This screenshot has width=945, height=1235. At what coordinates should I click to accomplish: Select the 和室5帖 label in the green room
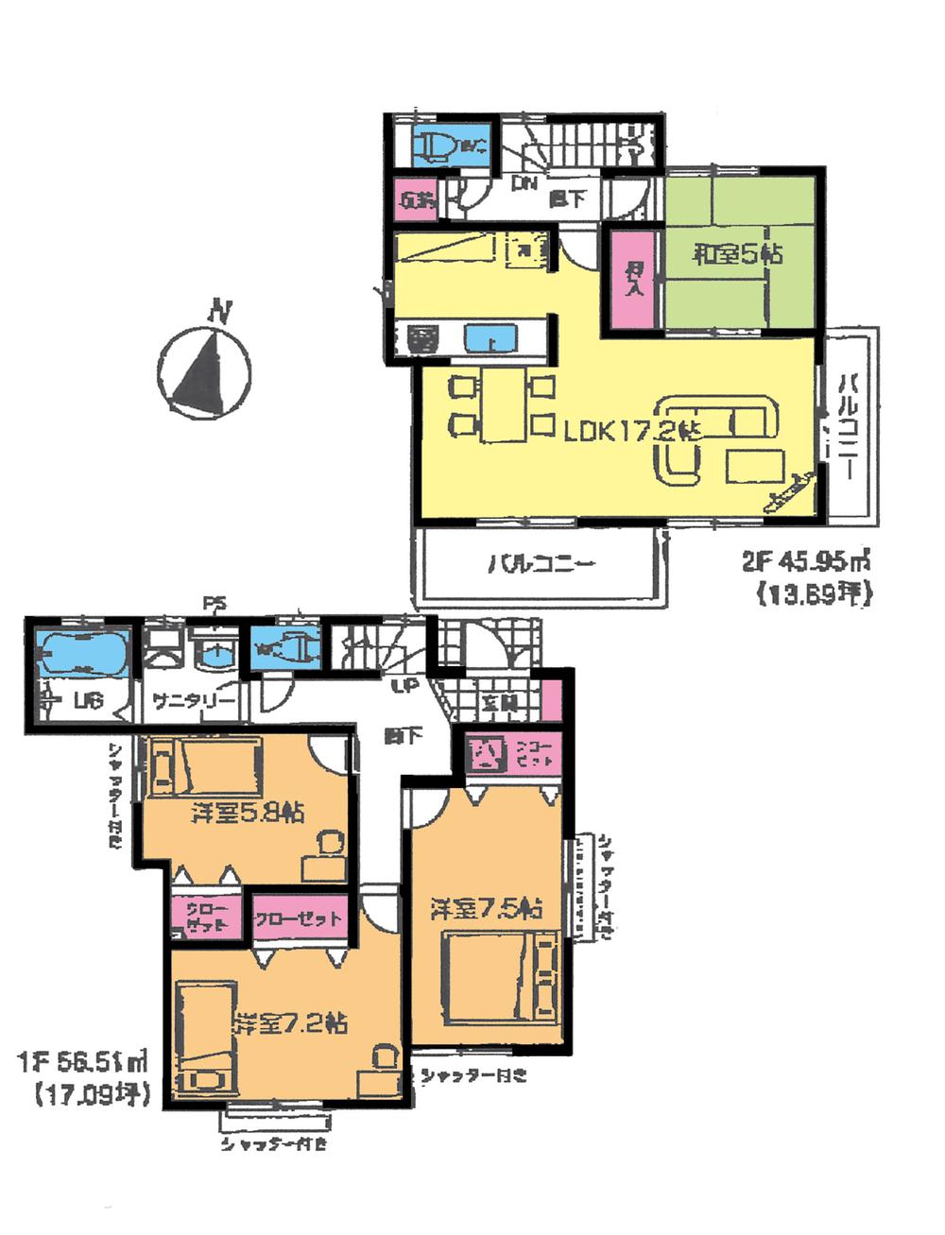pyautogui.click(x=738, y=254)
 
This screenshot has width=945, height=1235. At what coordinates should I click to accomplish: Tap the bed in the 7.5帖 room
pyautogui.click(x=500, y=977)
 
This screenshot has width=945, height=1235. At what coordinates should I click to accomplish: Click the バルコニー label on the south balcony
pyautogui.click(x=541, y=566)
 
